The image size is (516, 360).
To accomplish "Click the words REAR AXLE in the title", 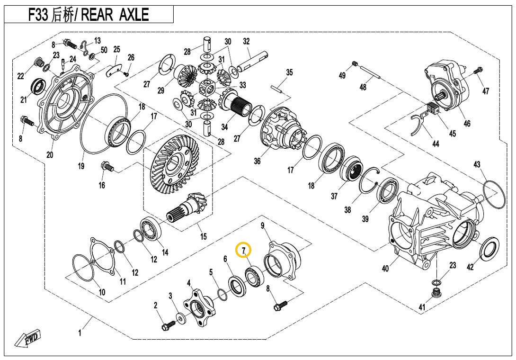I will [115, 15].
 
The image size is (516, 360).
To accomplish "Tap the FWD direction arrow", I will [28, 340].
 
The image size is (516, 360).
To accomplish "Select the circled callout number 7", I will [243, 250].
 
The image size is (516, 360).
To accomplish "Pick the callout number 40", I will [385, 269].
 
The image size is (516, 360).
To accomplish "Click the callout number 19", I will [81, 166].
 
